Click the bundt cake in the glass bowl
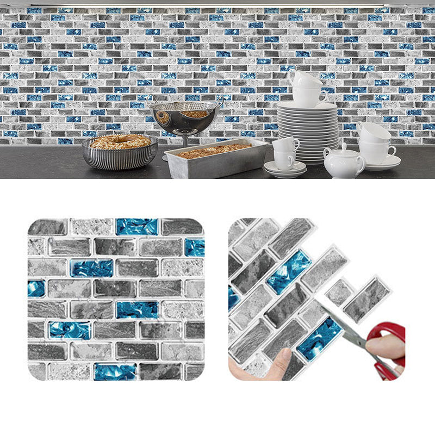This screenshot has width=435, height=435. coord(120,142)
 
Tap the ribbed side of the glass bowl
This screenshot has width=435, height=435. coord(120,158)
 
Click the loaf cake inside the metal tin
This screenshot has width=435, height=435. coord(215,150)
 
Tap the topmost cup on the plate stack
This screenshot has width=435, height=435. coord(306,80)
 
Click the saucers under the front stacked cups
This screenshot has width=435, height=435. coord(285,170)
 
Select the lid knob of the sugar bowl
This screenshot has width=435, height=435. coord(343,146)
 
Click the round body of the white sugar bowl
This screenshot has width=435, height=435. coord(344,163)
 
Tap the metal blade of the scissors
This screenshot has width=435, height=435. coord(340,326)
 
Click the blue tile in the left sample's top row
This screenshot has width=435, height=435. coord(137,226)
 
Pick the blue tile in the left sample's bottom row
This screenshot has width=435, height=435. coord(115,371)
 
